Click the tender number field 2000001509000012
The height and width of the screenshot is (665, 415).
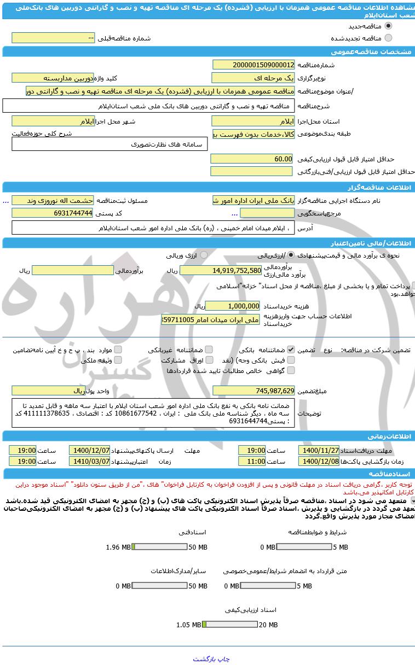[x=253, y=65]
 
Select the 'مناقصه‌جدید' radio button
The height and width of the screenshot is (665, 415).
[x=389, y=26]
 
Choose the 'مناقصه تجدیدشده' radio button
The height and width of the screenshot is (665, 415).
[x=389, y=38]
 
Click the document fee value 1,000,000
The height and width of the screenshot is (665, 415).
[x=233, y=306]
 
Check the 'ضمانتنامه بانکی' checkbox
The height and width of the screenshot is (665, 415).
[x=291, y=349]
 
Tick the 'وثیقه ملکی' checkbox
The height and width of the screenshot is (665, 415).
[x=118, y=360]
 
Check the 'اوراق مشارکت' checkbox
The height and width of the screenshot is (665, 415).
[x=209, y=360]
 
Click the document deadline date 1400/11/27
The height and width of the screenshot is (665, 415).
[x=319, y=450]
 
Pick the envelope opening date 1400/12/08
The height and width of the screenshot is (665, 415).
[x=319, y=461]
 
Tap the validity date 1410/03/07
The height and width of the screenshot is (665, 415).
[x=89, y=461]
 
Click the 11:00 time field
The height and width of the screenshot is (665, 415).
[x=252, y=461]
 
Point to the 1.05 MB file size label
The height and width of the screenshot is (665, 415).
[x=188, y=625]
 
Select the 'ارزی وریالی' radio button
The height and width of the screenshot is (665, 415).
[x=204, y=255]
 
